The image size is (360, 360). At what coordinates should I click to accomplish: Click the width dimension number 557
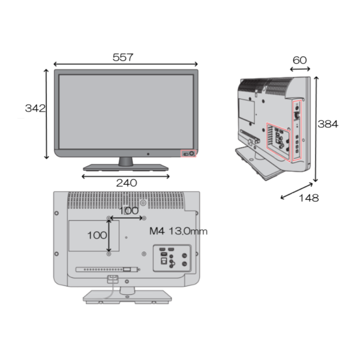click(123, 58)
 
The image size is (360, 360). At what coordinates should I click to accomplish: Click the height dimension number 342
click(35, 109)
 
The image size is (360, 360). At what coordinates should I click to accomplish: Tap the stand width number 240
click(126, 183)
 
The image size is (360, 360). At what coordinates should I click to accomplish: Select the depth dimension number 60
click(300, 60)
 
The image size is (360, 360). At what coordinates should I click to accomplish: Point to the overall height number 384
click(328, 124)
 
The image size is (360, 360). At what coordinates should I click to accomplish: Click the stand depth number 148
click(307, 198)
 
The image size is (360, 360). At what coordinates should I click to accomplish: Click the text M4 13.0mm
click(178, 231)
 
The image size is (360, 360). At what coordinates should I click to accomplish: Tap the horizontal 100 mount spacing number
click(128, 211)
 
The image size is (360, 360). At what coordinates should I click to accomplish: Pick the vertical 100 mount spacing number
click(97, 235)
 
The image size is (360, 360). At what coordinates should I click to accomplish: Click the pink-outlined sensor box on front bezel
click(189, 153)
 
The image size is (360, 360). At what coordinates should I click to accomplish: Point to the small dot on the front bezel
click(148, 154)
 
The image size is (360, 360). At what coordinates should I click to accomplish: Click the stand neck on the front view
click(126, 161)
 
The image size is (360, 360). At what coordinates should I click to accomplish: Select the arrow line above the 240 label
click(126, 176)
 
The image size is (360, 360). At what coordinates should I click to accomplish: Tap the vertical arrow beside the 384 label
click(316, 130)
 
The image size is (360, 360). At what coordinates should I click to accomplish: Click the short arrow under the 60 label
click(300, 70)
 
